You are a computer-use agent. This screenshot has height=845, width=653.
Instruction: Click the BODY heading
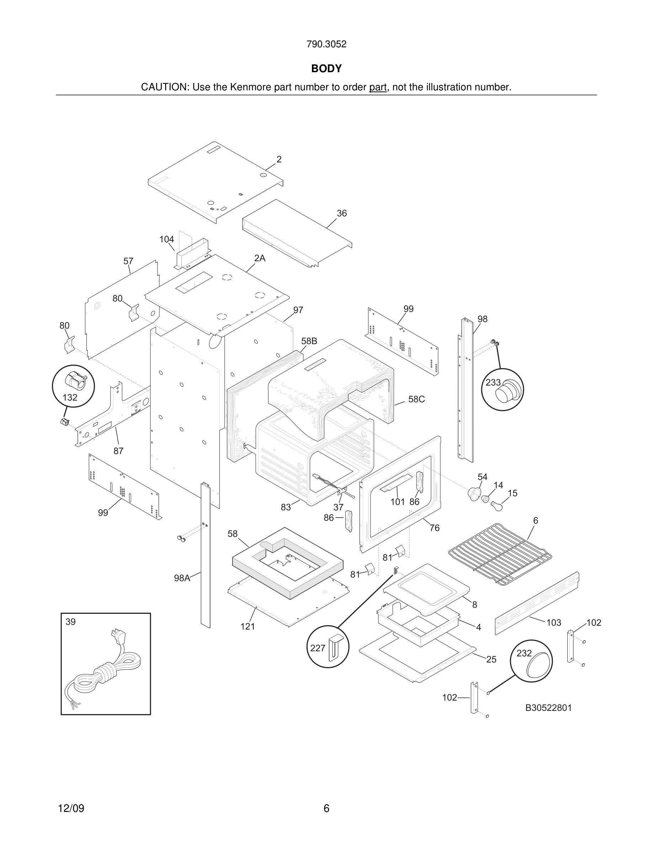pos(326,69)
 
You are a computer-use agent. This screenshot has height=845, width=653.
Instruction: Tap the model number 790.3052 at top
pos(326,44)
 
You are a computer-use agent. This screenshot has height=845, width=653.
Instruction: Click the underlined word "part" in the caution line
pos(378,87)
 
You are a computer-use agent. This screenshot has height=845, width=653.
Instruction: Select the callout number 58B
pos(309,341)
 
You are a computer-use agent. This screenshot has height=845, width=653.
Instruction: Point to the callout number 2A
pos(260,259)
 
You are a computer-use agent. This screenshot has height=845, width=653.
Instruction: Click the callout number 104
pos(166,239)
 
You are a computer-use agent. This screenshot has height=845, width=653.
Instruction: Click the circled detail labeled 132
pos(74,386)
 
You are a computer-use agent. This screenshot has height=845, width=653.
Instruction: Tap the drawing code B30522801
pos(548,708)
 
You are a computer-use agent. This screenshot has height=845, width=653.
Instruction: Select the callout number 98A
pos(182,578)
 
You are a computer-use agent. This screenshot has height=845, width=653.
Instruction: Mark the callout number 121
pos(248,626)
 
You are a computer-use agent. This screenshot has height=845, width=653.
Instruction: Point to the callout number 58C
pos(416,399)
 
